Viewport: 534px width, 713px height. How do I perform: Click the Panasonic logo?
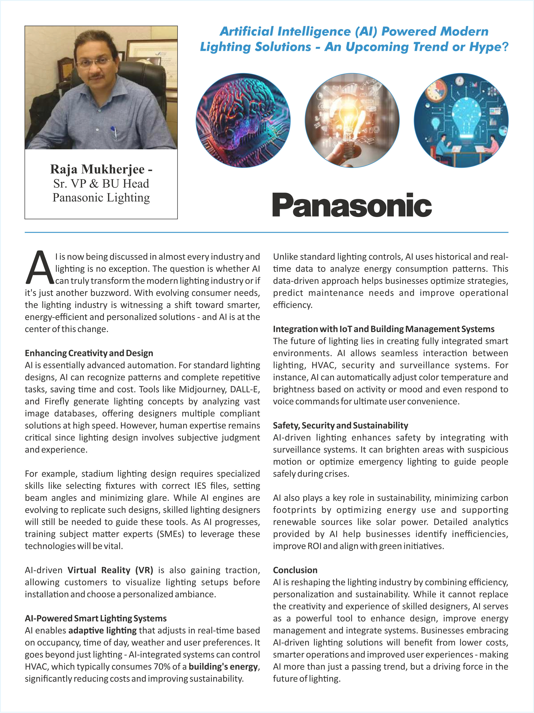[352, 205]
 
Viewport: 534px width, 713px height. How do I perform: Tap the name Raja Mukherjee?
[97, 169]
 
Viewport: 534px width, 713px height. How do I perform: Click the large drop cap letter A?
[39, 268]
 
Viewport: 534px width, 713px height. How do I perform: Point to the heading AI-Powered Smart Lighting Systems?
[95, 618]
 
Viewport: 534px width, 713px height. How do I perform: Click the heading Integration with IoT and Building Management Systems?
[383, 329]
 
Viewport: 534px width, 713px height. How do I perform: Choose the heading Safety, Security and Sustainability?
[340, 426]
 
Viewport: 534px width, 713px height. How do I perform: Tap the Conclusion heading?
[295, 570]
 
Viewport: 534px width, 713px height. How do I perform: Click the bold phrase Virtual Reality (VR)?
[110, 570]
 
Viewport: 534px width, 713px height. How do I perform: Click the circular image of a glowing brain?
[243, 120]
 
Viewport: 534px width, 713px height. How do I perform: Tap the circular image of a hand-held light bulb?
[352, 120]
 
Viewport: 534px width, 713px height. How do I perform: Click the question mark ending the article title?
[505, 47]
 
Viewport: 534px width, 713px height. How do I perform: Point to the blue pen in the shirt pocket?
[114, 131]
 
